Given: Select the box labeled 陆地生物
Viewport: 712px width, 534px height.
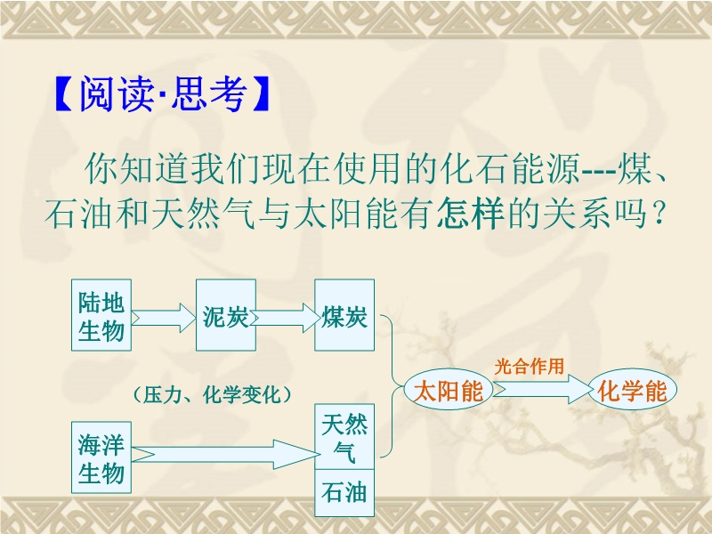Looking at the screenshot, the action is point(101,315).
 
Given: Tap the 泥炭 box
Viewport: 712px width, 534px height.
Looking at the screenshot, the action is point(226,315).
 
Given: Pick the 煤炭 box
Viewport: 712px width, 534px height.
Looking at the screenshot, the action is point(344,315).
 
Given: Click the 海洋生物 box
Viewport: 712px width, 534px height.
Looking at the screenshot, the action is point(101,457).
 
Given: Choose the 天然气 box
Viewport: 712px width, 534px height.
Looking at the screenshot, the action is point(344,437).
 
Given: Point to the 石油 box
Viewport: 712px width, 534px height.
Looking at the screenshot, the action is point(344,493).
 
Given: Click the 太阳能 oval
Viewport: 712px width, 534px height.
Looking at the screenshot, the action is point(449,390).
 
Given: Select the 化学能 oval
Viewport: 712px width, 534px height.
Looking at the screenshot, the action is point(632,390).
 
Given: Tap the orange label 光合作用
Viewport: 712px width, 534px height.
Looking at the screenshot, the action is point(530,366).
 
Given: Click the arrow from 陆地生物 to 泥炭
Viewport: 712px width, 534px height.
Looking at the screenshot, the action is point(164,318).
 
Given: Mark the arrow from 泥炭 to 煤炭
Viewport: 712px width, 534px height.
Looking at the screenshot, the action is point(285,318).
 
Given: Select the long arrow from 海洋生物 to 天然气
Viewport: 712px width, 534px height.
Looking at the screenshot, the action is point(226,455).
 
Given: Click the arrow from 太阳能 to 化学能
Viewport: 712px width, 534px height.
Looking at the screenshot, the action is point(544,389).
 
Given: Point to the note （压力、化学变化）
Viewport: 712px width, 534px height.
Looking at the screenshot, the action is point(212,394).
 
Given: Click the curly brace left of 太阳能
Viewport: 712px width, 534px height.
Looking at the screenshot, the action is point(392,386).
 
